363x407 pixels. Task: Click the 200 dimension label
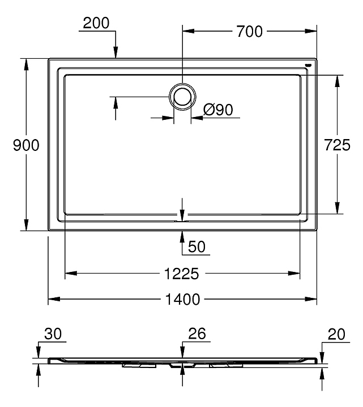[x=96, y=23]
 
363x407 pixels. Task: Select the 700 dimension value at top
[x=249, y=32]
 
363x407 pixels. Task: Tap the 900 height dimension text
[x=26, y=145]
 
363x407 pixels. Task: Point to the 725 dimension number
[x=338, y=145]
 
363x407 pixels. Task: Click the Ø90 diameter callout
[x=218, y=110]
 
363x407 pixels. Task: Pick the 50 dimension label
[x=197, y=246]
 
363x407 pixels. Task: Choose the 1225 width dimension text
[x=182, y=274]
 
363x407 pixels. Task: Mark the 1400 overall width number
[x=182, y=299]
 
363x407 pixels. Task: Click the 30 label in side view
[x=53, y=334]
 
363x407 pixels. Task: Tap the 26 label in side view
[x=197, y=334]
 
